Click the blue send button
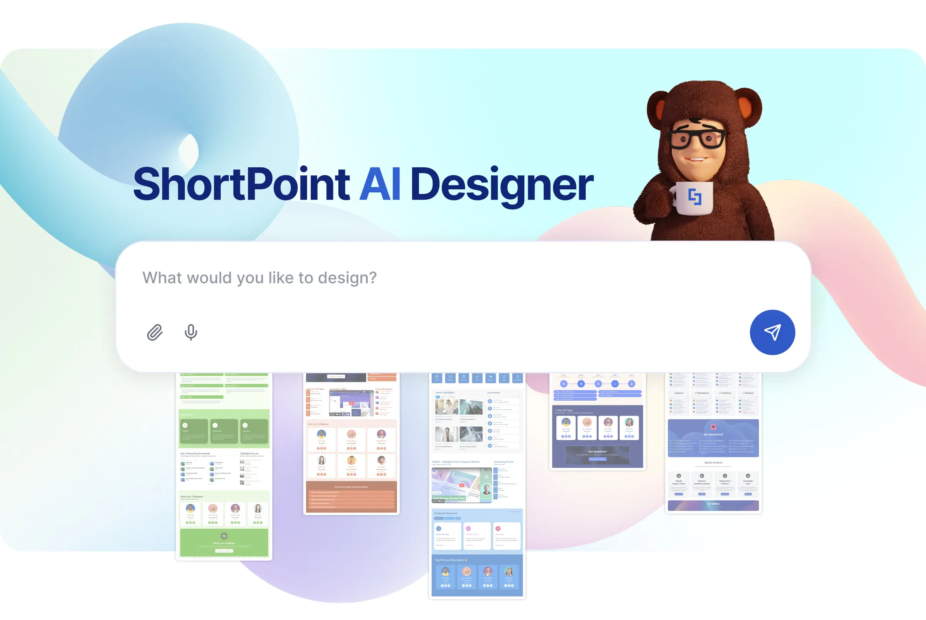click(772, 332)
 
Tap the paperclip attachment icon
click(155, 332)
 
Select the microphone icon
click(191, 332)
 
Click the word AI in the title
click(380, 184)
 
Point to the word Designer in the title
click(502, 185)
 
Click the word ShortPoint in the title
click(241, 184)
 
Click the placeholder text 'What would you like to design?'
click(260, 278)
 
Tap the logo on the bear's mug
click(694, 197)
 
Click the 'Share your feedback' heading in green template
click(224, 543)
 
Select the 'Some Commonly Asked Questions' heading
click(351, 487)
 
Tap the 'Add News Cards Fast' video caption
click(449, 498)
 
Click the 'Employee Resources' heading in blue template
click(446, 513)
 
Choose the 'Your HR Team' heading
click(565, 410)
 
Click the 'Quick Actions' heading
click(713, 462)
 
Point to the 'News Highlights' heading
click(445, 393)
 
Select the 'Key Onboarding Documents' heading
click(195, 453)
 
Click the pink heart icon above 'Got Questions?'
click(713, 427)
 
